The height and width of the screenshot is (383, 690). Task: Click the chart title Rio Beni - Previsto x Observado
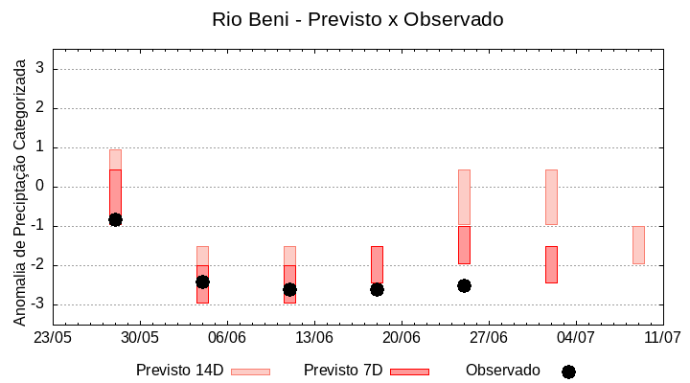[357, 19]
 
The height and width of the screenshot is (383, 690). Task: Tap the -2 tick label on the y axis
[39, 265]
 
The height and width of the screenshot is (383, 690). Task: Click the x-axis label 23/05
[53, 338]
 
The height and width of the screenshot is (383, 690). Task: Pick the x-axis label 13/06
[313, 338]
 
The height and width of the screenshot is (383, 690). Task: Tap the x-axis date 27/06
[488, 338]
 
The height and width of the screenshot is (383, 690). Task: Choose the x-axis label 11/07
[662, 338]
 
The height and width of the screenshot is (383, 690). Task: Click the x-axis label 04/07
[575, 338]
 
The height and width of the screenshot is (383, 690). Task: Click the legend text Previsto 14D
[179, 371]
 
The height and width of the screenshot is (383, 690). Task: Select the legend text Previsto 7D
[343, 371]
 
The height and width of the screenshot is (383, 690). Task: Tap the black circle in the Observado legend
[568, 372]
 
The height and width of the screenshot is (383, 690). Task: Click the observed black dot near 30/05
[115, 219]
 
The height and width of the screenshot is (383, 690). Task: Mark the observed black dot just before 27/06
[464, 285]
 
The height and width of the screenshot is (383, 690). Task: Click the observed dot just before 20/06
[377, 289]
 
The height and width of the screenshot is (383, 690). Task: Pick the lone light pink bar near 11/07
[638, 245]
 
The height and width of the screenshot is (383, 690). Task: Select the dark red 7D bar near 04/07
[551, 264]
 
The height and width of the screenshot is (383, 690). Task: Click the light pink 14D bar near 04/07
[551, 197]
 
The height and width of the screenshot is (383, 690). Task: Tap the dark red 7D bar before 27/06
[464, 245]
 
